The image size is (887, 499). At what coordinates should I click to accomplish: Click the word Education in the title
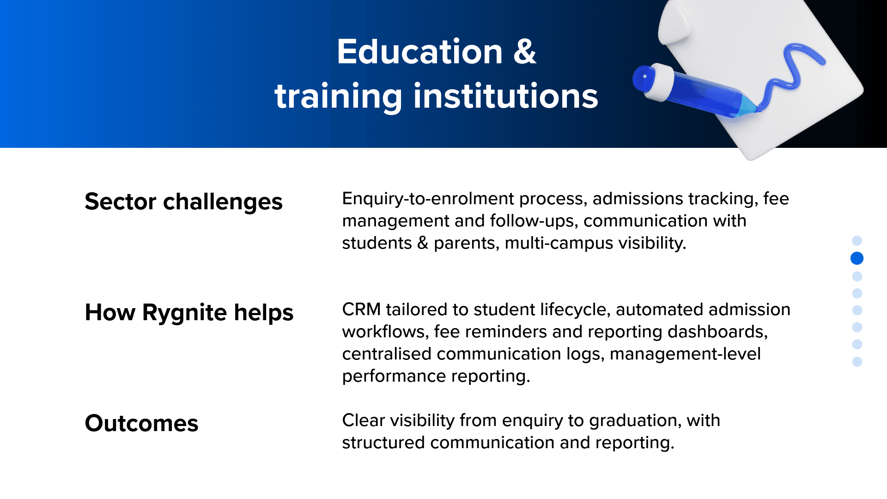(x=419, y=51)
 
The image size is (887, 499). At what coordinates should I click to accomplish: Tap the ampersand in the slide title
(x=525, y=51)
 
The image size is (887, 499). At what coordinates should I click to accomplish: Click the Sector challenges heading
(x=183, y=202)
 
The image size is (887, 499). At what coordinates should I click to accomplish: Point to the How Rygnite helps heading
(x=189, y=313)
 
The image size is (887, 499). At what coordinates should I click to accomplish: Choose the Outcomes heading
(x=141, y=423)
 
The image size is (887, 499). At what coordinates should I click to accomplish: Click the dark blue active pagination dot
(x=857, y=258)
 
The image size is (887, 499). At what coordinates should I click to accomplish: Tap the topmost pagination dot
(x=857, y=241)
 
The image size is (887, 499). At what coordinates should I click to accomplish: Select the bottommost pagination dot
(x=857, y=362)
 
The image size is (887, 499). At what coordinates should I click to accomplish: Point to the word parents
(x=467, y=243)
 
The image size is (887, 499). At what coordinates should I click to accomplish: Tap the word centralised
(x=387, y=354)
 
